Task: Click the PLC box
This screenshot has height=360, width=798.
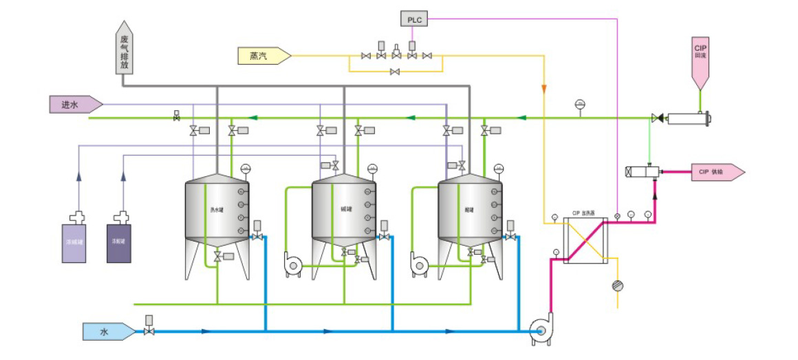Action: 414,19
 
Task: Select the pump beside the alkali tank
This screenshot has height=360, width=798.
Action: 292,264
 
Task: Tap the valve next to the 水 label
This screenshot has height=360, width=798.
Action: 149,331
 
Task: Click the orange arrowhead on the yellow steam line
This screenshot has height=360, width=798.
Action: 543,89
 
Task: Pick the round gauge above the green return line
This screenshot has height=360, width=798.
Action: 580,104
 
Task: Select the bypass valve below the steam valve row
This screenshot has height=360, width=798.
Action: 395,72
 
